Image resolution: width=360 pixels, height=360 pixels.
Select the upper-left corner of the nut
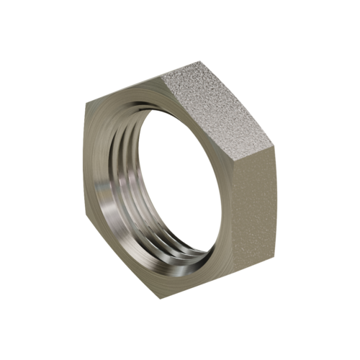(84, 106)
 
